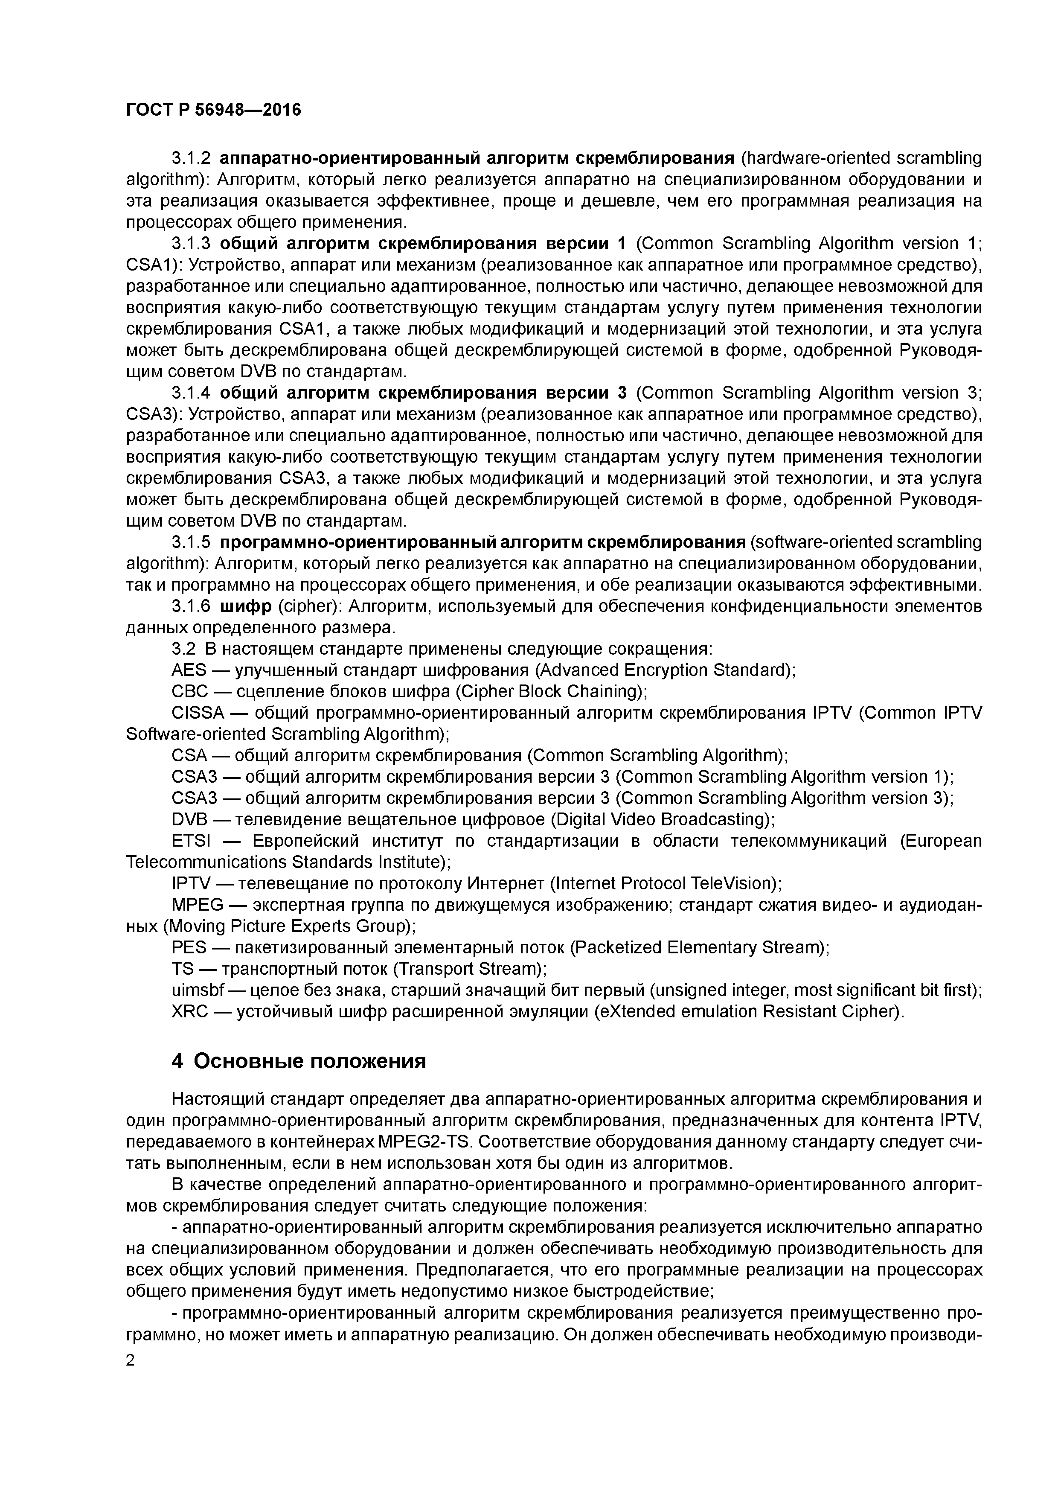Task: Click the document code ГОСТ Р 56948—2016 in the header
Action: coord(213,110)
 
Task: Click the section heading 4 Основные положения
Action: coord(299,1061)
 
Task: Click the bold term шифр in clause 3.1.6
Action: coord(246,606)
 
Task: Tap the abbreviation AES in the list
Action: coord(189,670)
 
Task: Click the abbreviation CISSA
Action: coord(198,713)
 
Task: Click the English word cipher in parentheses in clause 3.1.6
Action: coord(306,606)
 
